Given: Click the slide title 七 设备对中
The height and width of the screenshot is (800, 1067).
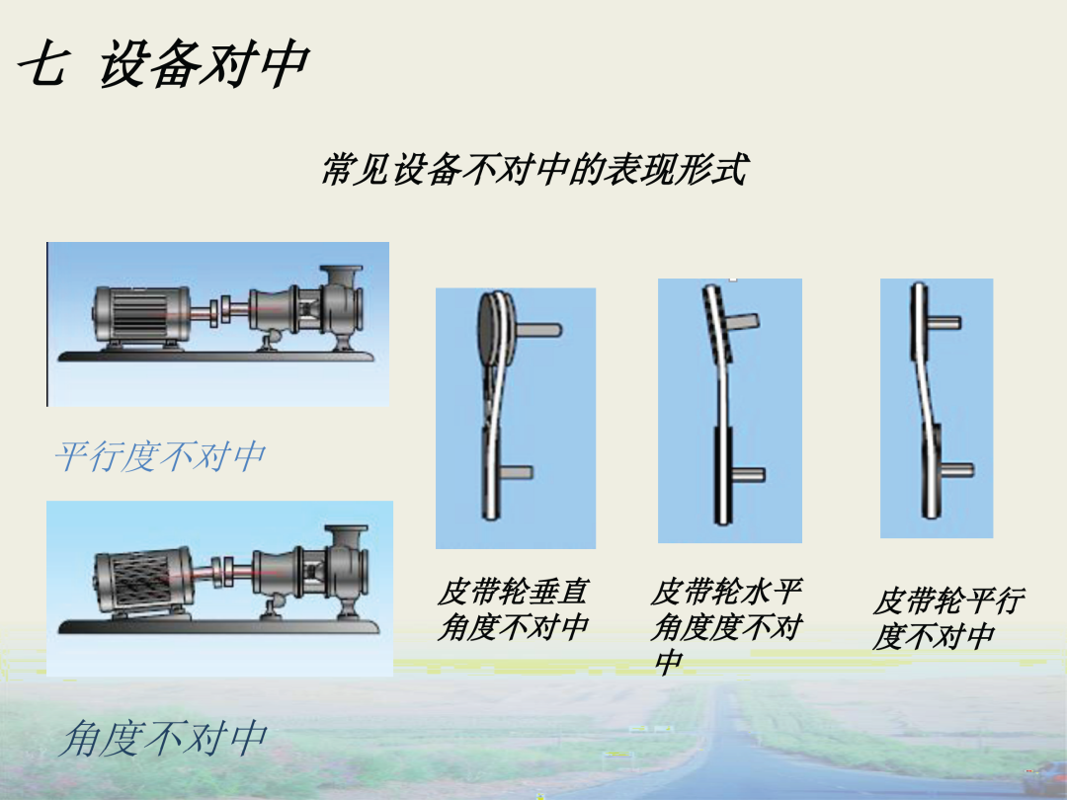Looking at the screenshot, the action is click(x=163, y=63).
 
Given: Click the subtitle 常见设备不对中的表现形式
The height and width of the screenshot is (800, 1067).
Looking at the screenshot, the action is click(x=534, y=169).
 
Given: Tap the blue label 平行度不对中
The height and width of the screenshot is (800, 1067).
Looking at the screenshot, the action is click(x=160, y=455).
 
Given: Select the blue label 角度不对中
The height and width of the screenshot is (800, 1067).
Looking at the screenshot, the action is click(x=163, y=739).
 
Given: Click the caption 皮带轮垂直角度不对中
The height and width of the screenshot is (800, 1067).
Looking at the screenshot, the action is click(x=513, y=608).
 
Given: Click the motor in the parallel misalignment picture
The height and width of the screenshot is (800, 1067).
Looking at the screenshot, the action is click(x=141, y=316).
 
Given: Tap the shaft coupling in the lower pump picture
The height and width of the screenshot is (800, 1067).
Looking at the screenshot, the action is click(x=224, y=570).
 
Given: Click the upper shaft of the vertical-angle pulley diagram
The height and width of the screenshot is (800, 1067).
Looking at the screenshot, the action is click(x=538, y=330).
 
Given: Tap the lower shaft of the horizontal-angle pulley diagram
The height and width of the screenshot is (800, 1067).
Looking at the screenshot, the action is click(x=748, y=474).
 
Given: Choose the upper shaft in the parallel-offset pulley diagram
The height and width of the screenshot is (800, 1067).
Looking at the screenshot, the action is click(x=944, y=322).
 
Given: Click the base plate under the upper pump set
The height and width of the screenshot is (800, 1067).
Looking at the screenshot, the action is click(x=216, y=356).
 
